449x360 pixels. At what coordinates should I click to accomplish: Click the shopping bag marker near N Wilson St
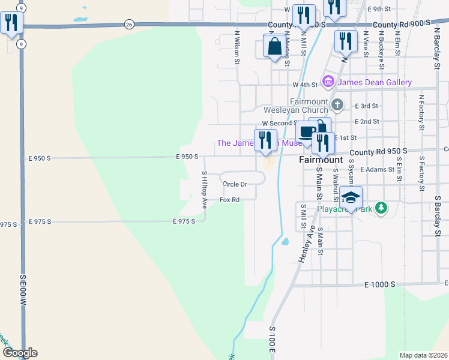click(x=274, y=46)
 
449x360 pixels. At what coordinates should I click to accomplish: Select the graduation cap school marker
click(x=351, y=197)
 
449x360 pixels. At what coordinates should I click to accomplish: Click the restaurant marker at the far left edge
click(x=11, y=23)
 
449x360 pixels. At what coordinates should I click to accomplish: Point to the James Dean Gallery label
click(x=375, y=82)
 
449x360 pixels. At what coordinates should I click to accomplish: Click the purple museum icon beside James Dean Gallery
click(x=328, y=81)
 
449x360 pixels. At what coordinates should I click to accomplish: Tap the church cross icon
click(x=337, y=106)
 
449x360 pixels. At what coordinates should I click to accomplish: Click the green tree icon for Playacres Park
click(x=380, y=208)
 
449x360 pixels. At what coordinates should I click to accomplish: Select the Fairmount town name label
click(x=321, y=160)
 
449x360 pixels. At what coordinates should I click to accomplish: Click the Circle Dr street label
click(x=235, y=184)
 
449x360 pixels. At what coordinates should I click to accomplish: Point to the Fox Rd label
click(x=229, y=200)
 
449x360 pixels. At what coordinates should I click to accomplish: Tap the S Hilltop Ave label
click(x=204, y=189)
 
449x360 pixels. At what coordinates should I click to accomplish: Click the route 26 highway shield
click(x=129, y=24)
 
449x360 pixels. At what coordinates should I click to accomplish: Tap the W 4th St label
click(x=305, y=85)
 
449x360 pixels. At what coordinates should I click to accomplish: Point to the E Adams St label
click(x=376, y=170)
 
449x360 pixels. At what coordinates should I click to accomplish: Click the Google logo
click(x=19, y=353)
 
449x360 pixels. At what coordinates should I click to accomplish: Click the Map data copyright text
click(x=423, y=355)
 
